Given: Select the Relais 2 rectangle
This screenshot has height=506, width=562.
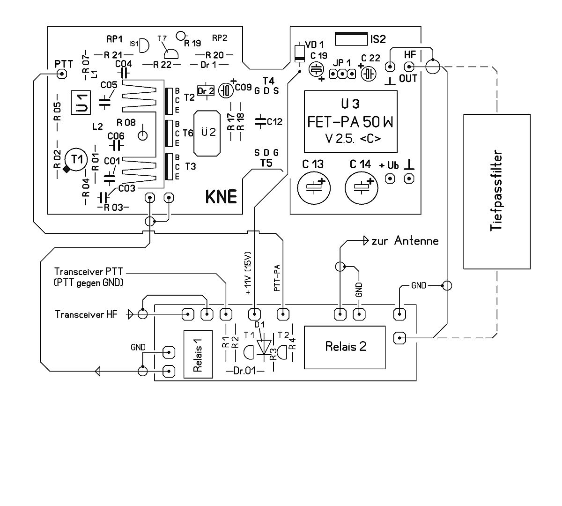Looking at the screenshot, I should click(x=345, y=347).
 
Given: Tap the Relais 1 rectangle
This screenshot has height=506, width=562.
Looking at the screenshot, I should click(x=197, y=354).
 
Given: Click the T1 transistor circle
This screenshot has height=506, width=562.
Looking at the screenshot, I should click(x=76, y=159).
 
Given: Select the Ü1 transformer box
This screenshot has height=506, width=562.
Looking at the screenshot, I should click(x=82, y=102).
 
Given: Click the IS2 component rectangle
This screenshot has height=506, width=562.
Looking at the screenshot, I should click(x=351, y=39).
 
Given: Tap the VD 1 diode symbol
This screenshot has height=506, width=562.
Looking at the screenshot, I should click(x=298, y=53).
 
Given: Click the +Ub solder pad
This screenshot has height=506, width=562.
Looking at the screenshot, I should click(x=390, y=179).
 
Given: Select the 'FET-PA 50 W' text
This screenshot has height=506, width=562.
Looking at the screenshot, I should click(x=350, y=122).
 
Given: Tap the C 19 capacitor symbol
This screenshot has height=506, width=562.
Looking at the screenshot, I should click(x=317, y=69).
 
